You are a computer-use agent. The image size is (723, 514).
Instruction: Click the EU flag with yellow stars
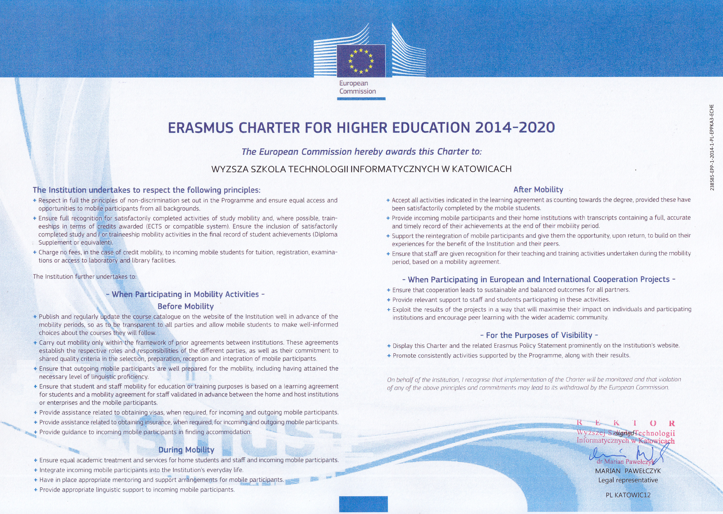[361, 61]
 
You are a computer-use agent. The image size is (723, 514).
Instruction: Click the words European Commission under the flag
[357, 87]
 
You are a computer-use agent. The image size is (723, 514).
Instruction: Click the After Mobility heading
[538, 190]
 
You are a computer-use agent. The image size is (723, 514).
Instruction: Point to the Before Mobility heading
[186, 306]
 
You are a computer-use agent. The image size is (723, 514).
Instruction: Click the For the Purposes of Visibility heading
[539, 335]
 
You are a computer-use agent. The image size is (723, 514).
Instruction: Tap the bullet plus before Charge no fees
[35, 252]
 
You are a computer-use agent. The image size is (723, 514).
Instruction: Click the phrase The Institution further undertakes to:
[84, 277]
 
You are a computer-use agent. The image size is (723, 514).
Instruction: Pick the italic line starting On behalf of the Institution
[534, 379]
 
